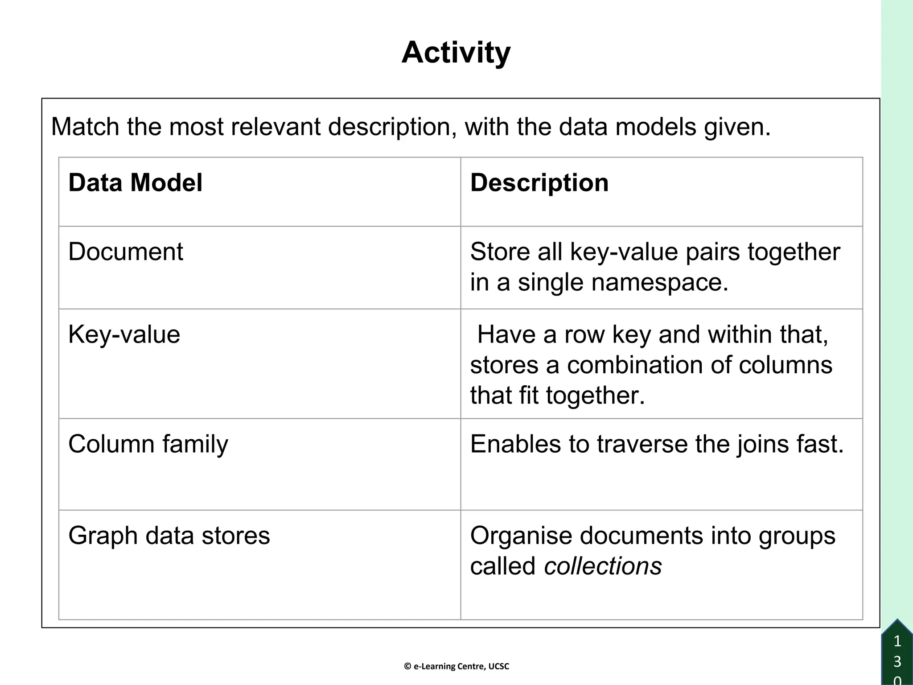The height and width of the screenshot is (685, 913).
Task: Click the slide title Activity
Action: (456, 53)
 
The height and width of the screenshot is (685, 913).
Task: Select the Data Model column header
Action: (135, 182)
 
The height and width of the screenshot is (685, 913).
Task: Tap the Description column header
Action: (539, 182)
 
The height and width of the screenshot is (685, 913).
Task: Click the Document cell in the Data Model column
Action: (125, 252)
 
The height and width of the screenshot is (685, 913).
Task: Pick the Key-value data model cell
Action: (124, 334)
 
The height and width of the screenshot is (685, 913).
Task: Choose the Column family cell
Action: (148, 444)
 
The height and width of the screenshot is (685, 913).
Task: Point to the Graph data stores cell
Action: (169, 535)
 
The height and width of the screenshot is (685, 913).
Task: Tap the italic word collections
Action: (603, 566)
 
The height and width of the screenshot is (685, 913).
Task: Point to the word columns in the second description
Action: (785, 365)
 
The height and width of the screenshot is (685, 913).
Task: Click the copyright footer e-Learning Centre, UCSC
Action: (456, 666)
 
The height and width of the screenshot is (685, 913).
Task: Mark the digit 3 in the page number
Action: (897, 661)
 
